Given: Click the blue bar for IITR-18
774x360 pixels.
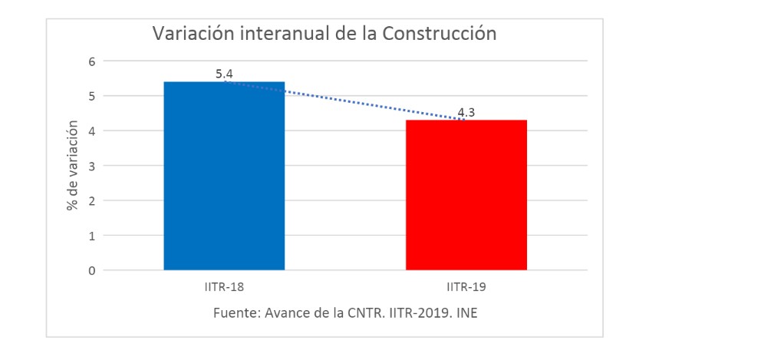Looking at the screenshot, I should pos(224,176).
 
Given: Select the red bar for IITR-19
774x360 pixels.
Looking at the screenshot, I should pos(466,195).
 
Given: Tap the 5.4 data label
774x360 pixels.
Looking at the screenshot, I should pos(224,74).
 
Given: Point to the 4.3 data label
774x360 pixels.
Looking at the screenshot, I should pos(466,113).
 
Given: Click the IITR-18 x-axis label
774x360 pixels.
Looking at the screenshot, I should pos(224,288).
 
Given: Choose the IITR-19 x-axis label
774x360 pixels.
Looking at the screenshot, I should pos(466,288).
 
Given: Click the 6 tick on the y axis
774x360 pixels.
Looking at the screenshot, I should pos(91,61).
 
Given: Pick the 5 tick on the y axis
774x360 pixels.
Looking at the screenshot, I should pos(91,96).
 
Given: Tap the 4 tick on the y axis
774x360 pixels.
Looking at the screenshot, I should pos(91,131).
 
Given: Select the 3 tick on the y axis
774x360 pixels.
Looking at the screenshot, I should pos(91,166).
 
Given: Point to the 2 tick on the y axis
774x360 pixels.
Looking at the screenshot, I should pos(91,201).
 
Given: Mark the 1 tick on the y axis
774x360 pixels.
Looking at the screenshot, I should pos(91,236).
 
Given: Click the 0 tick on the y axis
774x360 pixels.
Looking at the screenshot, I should pos(91,270).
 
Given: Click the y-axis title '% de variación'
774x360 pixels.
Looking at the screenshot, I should pos(73,165).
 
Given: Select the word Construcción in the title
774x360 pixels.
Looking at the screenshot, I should pos(440,34).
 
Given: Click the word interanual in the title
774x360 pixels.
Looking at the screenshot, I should pos(278,34).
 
